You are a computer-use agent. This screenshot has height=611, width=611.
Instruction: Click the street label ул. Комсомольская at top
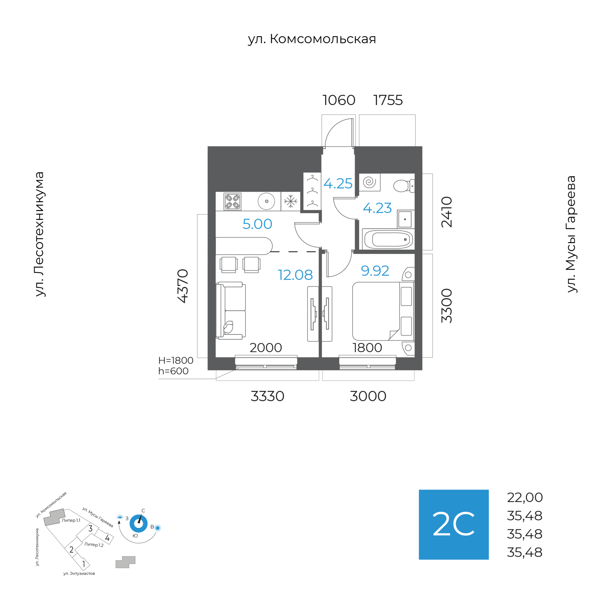click(312, 39)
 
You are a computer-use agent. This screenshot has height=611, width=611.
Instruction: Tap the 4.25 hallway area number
click(338, 184)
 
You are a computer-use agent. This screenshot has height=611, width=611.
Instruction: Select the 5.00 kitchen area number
click(257, 224)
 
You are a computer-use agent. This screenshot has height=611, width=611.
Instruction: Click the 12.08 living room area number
click(295, 275)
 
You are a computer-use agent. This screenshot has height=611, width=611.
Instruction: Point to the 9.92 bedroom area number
click(375, 271)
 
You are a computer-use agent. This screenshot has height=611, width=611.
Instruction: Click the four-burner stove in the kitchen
click(232, 201)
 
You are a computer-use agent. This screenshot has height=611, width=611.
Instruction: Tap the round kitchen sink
click(266, 201)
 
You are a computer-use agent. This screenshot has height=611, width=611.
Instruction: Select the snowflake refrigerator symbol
click(290, 201)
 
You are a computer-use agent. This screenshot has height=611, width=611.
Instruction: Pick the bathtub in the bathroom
click(388, 239)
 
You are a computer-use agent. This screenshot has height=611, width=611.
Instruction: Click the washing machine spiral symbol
click(369, 182)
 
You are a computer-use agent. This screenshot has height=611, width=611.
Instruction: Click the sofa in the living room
click(231, 311)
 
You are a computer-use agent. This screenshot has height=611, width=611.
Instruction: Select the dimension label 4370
click(183, 286)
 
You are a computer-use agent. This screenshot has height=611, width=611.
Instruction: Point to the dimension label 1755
click(388, 100)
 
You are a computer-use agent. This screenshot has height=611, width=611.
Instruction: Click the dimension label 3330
click(267, 396)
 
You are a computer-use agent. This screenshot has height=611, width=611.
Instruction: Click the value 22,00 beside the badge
click(524, 497)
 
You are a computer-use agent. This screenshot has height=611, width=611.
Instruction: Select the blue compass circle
click(138, 523)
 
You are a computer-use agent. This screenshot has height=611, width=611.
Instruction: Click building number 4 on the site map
click(107, 538)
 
